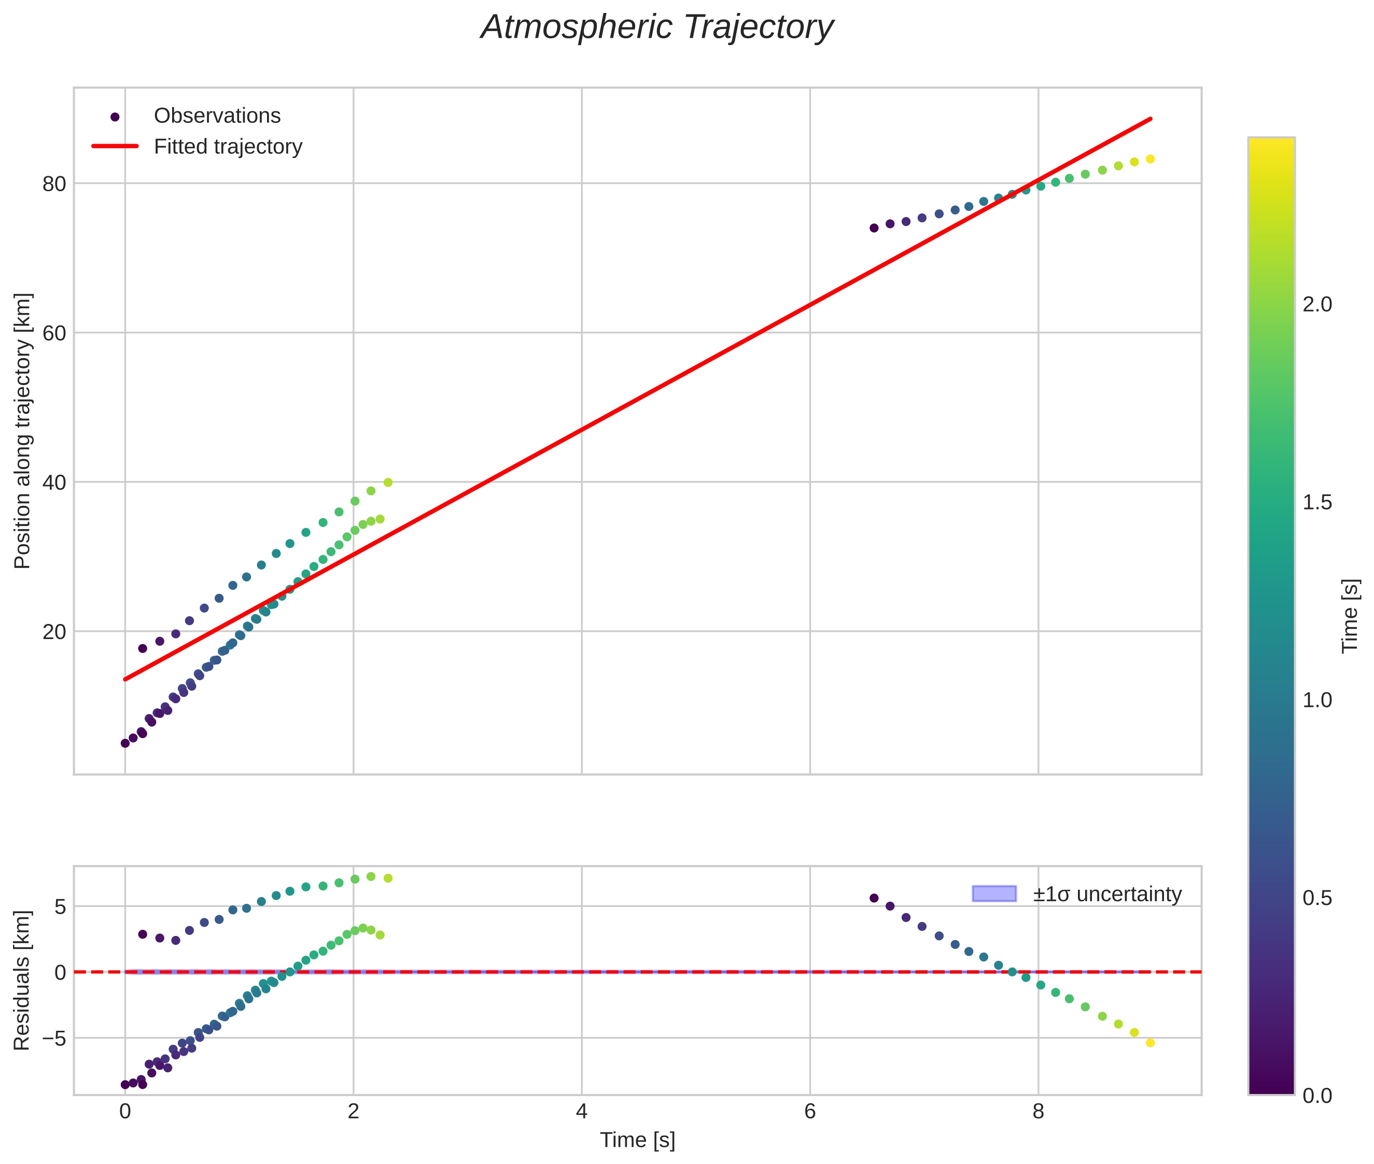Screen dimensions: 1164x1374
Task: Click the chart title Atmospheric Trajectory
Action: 657,27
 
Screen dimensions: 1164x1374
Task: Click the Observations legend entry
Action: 217,116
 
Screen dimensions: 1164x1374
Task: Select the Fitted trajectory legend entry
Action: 228,147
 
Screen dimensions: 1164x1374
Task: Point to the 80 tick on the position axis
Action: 54,184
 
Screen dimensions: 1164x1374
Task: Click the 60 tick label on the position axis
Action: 54,333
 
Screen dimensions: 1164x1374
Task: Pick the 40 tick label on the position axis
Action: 54,482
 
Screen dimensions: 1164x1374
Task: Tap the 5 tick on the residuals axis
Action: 61,906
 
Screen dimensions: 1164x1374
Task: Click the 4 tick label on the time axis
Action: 581,1112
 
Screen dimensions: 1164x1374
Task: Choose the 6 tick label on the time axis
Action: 809,1112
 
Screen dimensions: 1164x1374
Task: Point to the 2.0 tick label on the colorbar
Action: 1317,305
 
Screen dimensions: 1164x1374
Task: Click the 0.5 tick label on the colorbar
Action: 1317,899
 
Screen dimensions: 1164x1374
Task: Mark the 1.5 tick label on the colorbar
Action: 1317,503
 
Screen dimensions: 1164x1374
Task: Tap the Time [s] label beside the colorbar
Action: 1351,616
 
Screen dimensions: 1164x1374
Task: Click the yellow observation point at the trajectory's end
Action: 1150,159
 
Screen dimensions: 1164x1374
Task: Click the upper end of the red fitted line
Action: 1151,119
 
